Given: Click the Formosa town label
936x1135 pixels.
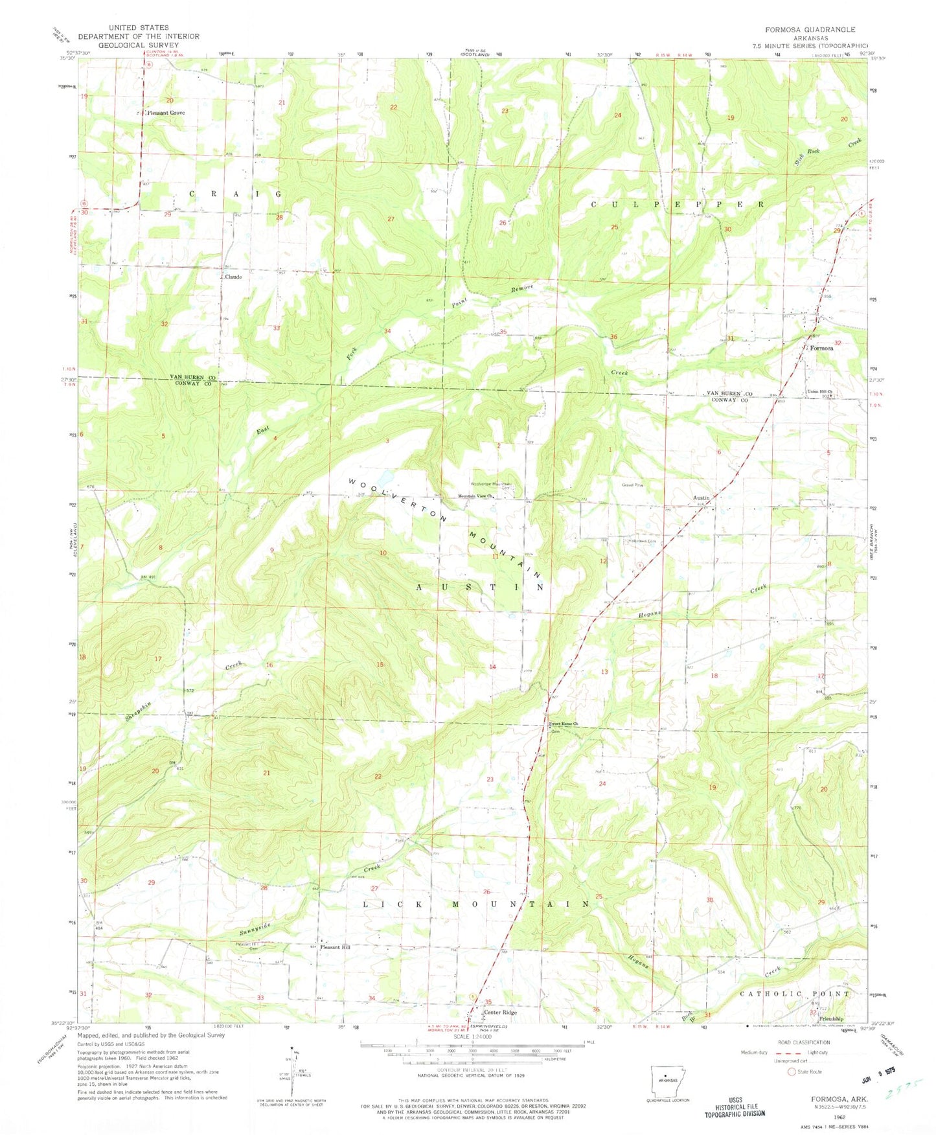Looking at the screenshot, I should click(x=822, y=348).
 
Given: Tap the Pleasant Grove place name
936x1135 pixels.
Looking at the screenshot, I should click(x=166, y=113).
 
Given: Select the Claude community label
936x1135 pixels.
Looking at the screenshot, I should click(x=233, y=277).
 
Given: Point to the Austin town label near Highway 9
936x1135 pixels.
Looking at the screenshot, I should click(x=701, y=498).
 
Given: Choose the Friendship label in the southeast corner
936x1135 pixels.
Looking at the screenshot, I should click(x=833, y=1019).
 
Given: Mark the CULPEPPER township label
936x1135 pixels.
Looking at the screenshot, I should click(x=678, y=203).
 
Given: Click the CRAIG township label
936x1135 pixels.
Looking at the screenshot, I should click(x=236, y=194).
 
